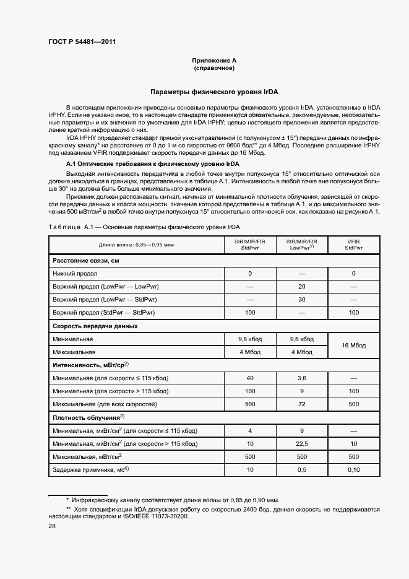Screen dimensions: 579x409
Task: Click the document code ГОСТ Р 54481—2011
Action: click(82, 42)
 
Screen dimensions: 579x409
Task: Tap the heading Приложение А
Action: click(214, 60)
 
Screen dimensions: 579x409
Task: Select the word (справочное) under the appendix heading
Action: click(214, 68)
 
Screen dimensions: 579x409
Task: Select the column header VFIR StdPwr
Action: click(353, 245)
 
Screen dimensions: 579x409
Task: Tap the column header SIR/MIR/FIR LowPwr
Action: click(301, 245)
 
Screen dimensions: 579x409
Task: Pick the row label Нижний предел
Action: click(75, 273)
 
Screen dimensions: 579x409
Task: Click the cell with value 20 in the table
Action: click(301, 286)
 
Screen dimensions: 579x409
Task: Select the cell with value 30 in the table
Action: click(301, 299)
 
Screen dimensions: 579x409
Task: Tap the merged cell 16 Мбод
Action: click(353, 346)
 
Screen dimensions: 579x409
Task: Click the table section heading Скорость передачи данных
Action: click(95, 326)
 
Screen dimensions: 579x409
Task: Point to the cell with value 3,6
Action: click(301, 378)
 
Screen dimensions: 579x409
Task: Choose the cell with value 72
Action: click(301, 404)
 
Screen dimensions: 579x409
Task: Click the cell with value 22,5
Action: click(301, 443)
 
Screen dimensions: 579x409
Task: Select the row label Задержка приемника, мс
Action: click(90, 469)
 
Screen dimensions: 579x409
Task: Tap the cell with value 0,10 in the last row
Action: click(353, 469)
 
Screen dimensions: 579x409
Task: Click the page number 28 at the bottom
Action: click(51, 526)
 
